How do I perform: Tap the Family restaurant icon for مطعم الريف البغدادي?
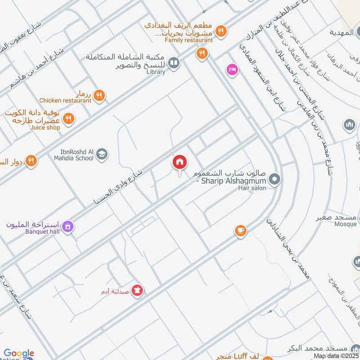pos(220,31)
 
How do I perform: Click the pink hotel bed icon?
pos(232,70)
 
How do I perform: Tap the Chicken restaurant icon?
pos(100,95)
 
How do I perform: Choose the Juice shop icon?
pos(68,119)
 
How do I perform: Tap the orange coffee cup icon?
pos(241,231)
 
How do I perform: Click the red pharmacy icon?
pos(139,291)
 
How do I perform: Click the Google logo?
pos(19,353)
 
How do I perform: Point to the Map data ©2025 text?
pos(337,355)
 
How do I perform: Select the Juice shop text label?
pos(45,127)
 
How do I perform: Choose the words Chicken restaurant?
pos(65,101)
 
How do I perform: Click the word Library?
pos(156,72)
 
